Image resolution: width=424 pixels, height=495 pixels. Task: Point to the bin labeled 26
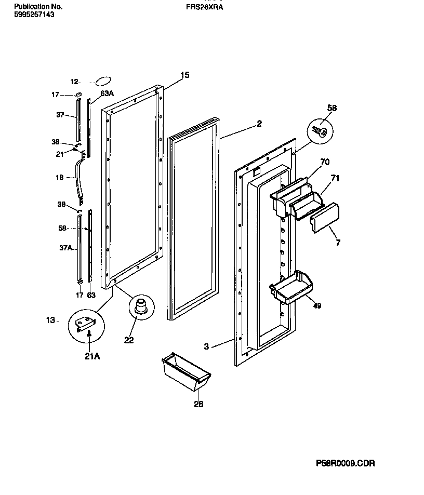coord(186,373)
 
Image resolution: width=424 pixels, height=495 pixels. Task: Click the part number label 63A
coord(107,93)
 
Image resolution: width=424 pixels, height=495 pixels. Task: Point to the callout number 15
coord(184,75)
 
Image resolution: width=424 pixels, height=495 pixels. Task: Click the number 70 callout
coord(325,162)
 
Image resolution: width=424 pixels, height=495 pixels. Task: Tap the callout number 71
coord(335,178)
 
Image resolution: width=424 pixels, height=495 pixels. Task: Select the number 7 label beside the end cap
coord(338,243)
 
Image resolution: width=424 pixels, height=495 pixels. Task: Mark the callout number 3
coord(206,346)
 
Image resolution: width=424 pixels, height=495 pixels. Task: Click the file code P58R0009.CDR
coord(345,463)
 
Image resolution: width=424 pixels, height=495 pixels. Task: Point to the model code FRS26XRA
coord(204,7)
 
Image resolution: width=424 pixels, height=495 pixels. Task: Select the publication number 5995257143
coord(34,15)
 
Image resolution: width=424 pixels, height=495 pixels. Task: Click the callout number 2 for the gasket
coord(259,124)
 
